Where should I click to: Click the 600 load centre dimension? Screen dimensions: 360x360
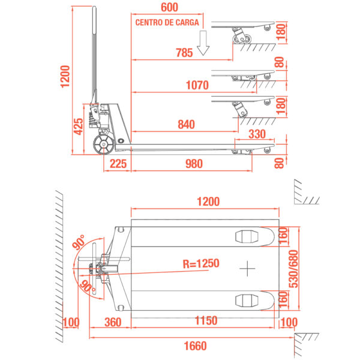(x=169, y=7)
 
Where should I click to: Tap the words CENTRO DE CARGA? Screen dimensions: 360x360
(x=167, y=23)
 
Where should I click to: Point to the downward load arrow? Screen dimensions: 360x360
(x=203, y=43)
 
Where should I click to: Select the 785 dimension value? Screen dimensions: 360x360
(x=184, y=53)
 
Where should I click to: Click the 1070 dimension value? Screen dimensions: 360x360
(x=197, y=85)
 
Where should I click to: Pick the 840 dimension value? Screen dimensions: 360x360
(x=187, y=124)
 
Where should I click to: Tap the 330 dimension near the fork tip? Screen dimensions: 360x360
(x=257, y=134)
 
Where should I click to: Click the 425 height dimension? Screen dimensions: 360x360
(x=78, y=127)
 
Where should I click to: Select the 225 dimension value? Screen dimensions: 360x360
(x=118, y=164)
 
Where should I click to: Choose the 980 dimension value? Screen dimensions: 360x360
(x=194, y=164)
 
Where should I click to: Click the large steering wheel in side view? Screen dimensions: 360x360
(x=104, y=144)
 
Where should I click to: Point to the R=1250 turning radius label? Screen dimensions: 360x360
(x=201, y=263)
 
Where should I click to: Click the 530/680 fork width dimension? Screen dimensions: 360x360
(x=293, y=269)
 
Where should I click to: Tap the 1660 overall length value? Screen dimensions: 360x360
(x=196, y=346)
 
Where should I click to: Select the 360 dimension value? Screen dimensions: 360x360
(x=113, y=322)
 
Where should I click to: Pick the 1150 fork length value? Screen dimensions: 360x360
(x=206, y=320)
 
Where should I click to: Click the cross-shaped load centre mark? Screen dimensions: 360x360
(x=247, y=268)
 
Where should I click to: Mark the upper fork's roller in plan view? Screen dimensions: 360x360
(x=247, y=237)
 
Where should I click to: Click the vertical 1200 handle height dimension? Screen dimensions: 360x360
(x=65, y=77)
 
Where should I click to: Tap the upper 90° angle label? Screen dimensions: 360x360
(x=79, y=242)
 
